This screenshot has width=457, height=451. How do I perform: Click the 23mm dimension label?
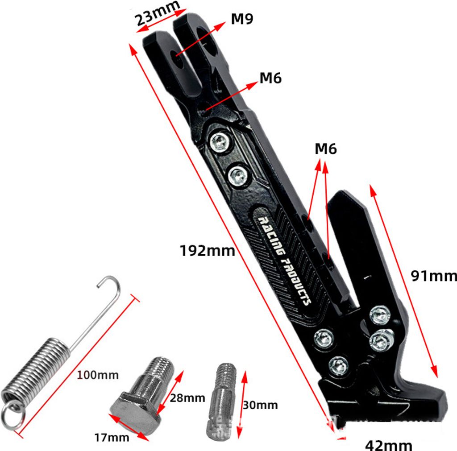(158, 13)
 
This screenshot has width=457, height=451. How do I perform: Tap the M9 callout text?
(242, 19)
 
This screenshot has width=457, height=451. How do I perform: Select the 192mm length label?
(207, 251)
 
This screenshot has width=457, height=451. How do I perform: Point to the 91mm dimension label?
(434, 276)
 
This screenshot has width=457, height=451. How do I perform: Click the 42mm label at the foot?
(389, 445)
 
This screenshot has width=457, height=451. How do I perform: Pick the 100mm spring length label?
(98, 375)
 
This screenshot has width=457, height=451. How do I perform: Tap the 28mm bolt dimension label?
(187, 397)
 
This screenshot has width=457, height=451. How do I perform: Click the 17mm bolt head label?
(112, 437)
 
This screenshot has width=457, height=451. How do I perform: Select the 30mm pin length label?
(260, 405)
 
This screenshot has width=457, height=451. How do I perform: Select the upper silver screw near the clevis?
(220, 142)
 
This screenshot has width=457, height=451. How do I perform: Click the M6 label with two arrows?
(325, 149)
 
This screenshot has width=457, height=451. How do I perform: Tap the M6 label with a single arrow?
(270, 78)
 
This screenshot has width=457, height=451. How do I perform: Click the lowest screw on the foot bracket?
(338, 366)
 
